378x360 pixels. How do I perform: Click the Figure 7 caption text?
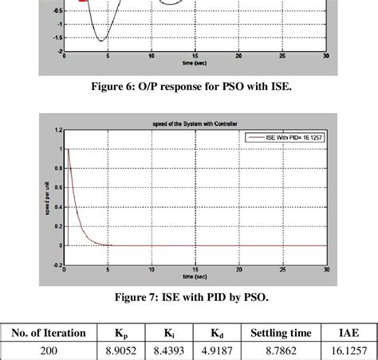189,298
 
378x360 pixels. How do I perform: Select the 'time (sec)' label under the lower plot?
191,275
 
